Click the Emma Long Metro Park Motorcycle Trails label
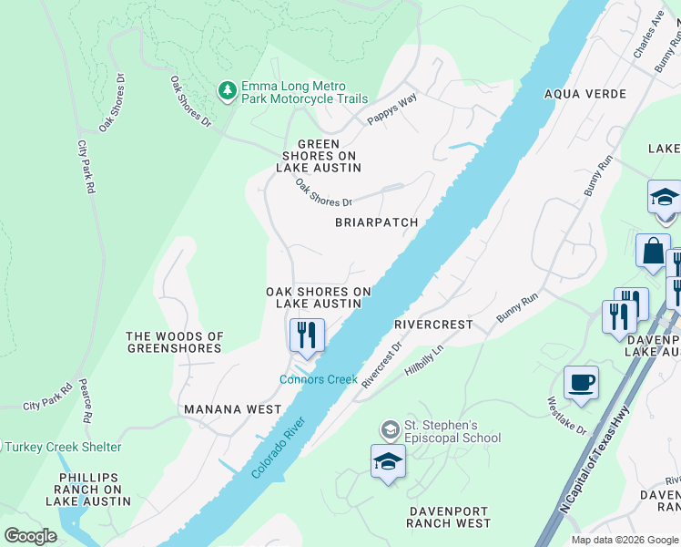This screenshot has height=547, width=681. pyautogui.click(x=304, y=92)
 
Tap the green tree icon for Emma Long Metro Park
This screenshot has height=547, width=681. pyautogui.click(x=227, y=91)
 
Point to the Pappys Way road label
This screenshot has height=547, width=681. pyautogui.click(x=391, y=109)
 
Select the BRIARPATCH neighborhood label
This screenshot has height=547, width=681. pyautogui.click(x=376, y=222)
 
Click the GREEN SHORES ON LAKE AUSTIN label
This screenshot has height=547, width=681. pyautogui.click(x=319, y=156)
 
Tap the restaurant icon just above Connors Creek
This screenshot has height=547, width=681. pyautogui.click(x=307, y=335)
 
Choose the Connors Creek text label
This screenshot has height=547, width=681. pyautogui.click(x=318, y=379)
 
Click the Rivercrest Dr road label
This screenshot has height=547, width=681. pyautogui.click(x=381, y=366)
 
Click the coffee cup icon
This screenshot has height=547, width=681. pyautogui.click(x=581, y=382)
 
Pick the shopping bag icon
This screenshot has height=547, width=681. pyautogui.click(x=654, y=251)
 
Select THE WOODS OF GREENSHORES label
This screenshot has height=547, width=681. pyautogui.click(x=174, y=342)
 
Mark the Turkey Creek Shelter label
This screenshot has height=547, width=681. pyautogui.click(x=62, y=447)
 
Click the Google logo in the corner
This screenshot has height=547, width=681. pyautogui.click(x=30, y=535)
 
